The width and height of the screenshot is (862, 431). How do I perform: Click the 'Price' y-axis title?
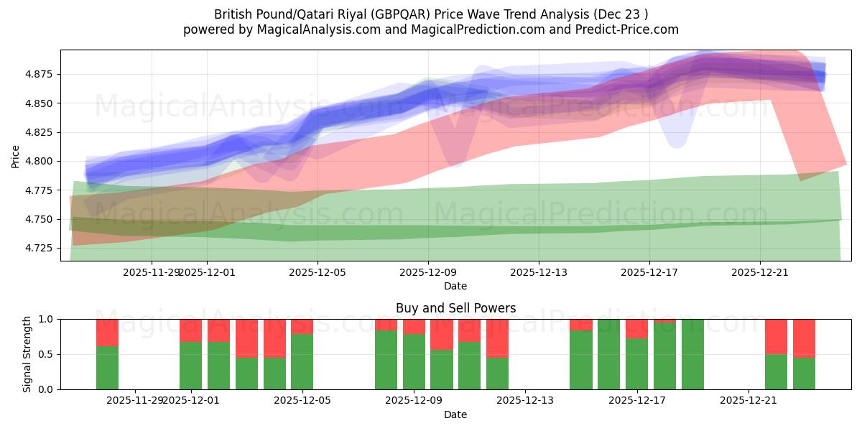pyautogui.click(x=16, y=155)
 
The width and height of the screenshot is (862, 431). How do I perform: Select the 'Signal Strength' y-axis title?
pyautogui.click(x=27, y=354)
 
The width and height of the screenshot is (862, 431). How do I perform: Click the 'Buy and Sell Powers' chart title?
pyautogui.click(x=455, y=308)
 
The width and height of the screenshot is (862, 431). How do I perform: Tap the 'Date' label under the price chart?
pyautogui.click(x=455, y=286)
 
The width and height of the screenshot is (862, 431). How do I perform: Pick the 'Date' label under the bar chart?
pyautogui.click(x=455, y=414)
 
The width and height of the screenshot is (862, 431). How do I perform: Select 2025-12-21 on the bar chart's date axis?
pyautogui.click(x=749, y=400)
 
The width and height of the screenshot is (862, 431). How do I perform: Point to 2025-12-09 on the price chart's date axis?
pyautogui.click(x=428, y=272)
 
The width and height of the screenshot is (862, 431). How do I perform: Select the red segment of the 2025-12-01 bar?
pyautogui.click(x=190, y=330)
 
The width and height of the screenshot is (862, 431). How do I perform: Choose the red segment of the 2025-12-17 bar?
pyautogui.click(x=636, y=328)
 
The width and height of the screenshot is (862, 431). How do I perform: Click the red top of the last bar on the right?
pyautogui.click(x=804, y=338)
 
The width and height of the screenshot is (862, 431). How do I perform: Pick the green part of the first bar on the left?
pyautogui.click(x=107, y=368)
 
